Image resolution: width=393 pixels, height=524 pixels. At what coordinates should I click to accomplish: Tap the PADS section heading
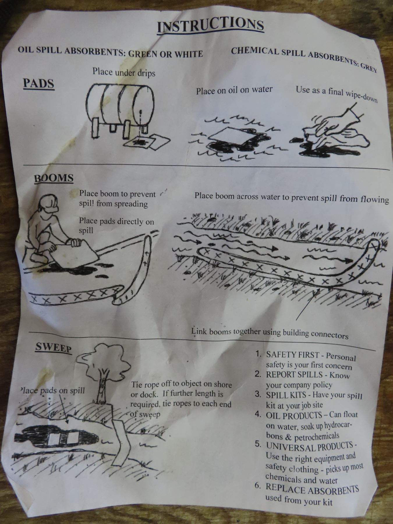point(39,84)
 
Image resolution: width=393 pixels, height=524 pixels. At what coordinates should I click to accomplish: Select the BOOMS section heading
point(54,178)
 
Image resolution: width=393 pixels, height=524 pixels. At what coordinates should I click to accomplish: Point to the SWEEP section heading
point(53,348)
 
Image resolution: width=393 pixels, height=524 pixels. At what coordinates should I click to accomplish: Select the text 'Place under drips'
point(124,72)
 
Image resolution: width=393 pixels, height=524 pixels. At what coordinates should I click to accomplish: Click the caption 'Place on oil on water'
point(234,90)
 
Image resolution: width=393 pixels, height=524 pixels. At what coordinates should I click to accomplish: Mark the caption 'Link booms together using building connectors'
point(270,333)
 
